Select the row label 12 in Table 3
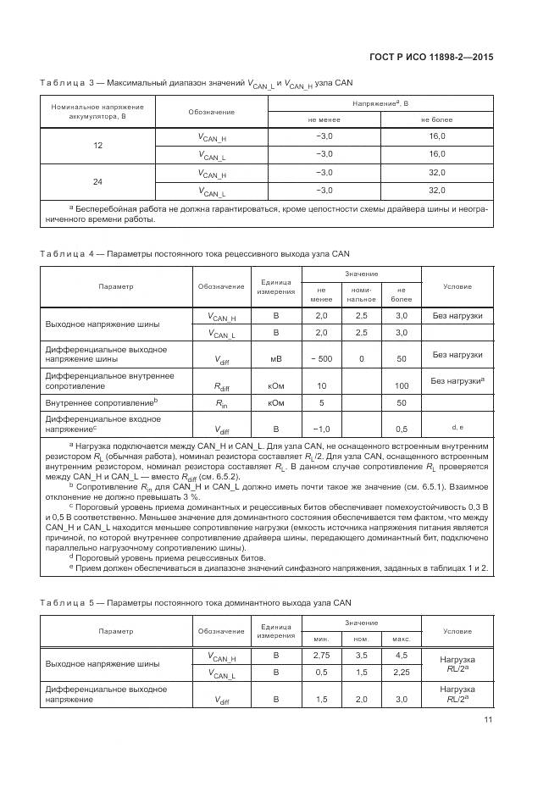tap(97, 146)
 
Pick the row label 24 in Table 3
tap(97, 182)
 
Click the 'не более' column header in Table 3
tap(436, 119)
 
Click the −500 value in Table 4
tap(321, 359)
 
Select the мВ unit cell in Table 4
tap(275, 359)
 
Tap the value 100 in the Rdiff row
tap(402, 385)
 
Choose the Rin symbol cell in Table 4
tap(221, 403)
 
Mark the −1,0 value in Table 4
tap(321, 429)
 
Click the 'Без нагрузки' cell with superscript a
tap(457, 381)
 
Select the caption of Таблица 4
tap(194, 253)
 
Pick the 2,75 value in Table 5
tap(321, 656)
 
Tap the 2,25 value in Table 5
tap(402, 673)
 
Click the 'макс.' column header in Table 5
tap(402, 638)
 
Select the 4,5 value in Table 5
tap(402, 656)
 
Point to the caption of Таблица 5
tap(194, 602)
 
